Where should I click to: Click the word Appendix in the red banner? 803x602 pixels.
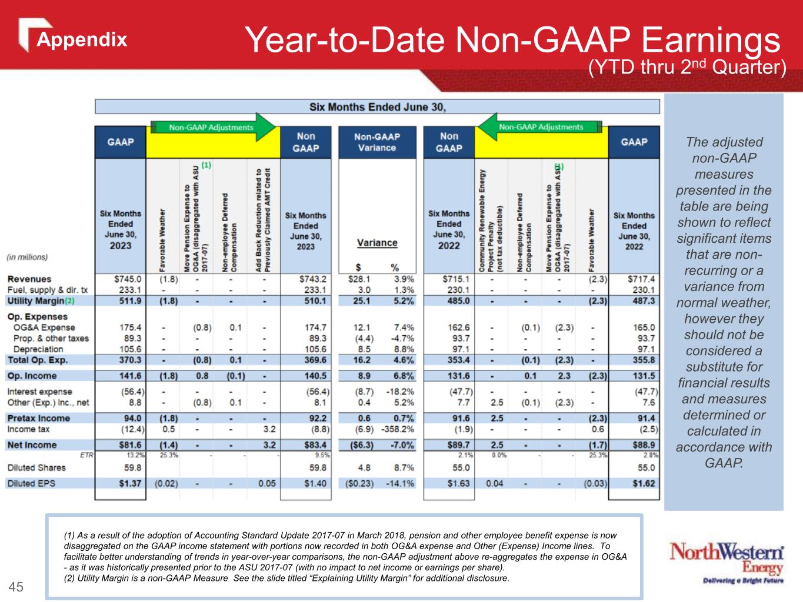click(82, 39)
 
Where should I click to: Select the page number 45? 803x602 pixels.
click(16, 587)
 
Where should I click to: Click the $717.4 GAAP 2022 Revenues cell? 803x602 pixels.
click(642, 279)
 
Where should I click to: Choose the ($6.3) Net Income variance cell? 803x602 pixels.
click(360, 445)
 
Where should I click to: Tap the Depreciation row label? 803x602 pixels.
click(38, 349)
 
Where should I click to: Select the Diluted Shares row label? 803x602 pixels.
click(36, 468)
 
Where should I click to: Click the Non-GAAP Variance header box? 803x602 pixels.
click(376, 142)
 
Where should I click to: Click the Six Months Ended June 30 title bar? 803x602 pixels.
click(377, 106)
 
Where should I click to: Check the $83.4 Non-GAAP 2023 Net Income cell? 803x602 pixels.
click(314, 445)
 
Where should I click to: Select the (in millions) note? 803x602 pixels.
click(27, 257)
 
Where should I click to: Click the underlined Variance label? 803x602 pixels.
click(377, 243)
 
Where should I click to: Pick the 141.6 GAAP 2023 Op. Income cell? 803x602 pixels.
click(130, 376)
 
